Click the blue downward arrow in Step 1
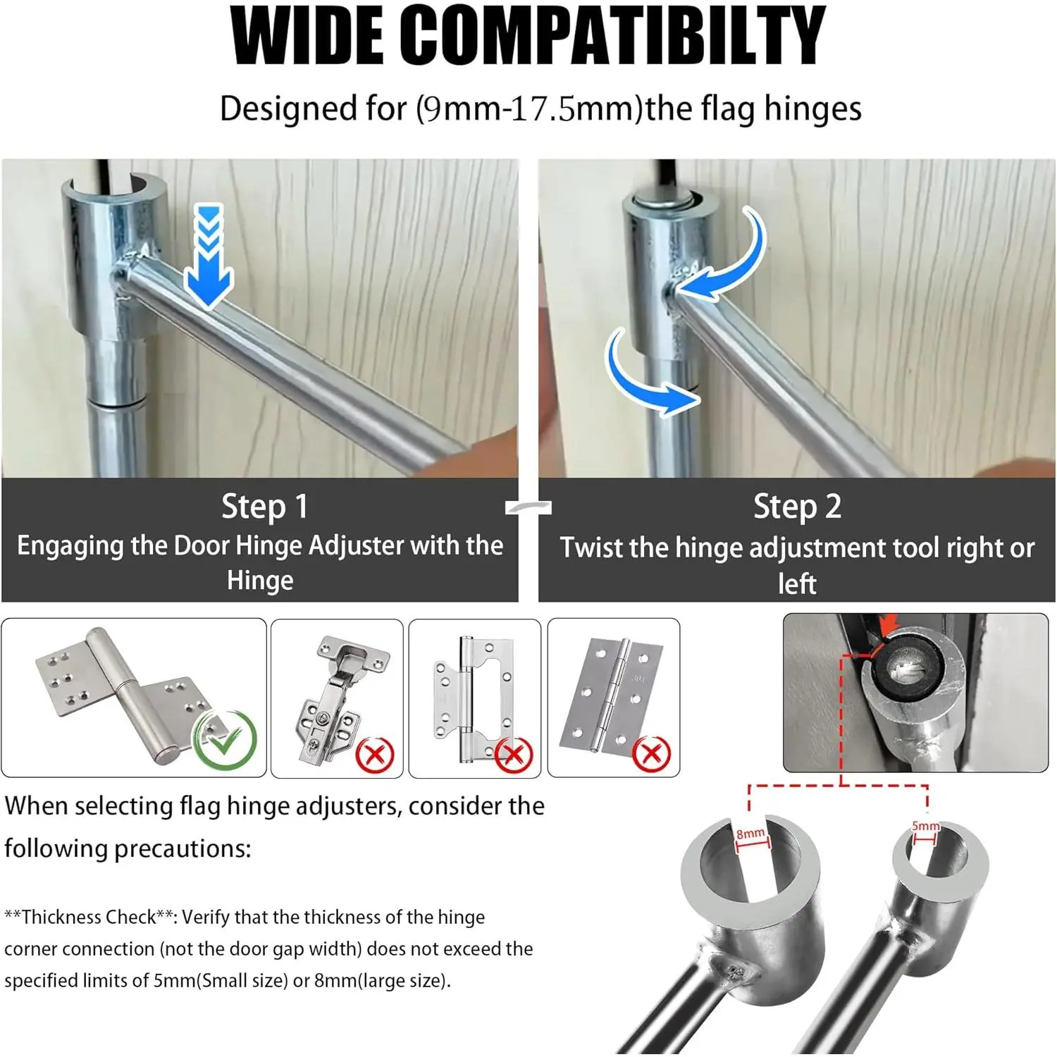pyautogui.click(x=209, y=256)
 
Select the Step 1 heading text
pyautogui.click(x=264, y=507)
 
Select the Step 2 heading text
pyautogui.click(x=797, y=507)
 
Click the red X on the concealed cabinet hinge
pyautogui.click(x=374, y=755)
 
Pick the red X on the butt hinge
pyautogui.click(x=651, y=754)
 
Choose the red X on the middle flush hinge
pyautogui.click(x=513, y=755)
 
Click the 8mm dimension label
pyautogui.click(x=750, y=834)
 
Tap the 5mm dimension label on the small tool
pyautogui.click(x=925, y=826)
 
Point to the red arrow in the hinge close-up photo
pyautogui.click(x=888, y=625)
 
